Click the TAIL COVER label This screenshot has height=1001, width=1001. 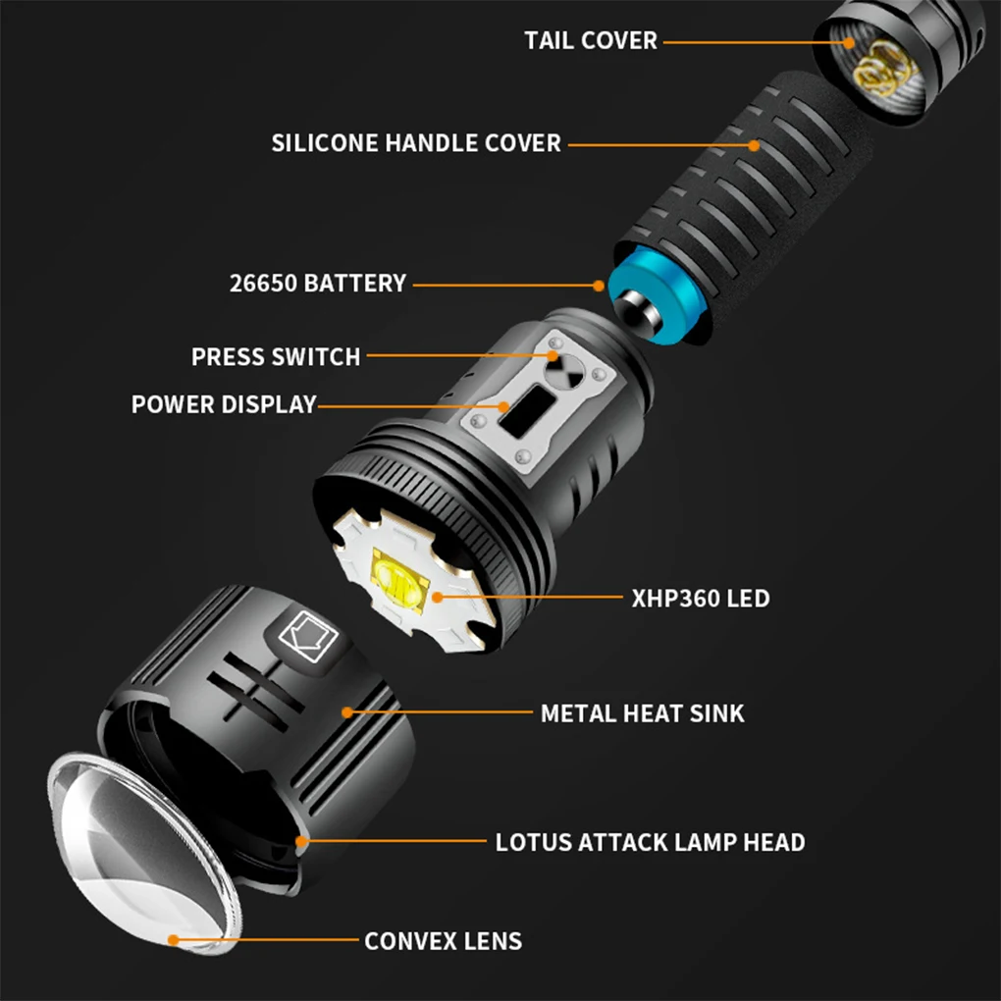(590, 41)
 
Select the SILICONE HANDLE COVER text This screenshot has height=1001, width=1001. (416, 143)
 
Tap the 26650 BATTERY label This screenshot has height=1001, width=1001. (317, 284)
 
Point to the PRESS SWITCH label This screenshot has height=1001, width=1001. (276, 356)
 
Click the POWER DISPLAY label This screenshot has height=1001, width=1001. (224, 404)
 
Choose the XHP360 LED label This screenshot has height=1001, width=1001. (701, 597)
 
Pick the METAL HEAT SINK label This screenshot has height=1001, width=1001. (642, 712)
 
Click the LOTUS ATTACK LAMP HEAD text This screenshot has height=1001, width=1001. (650, 842)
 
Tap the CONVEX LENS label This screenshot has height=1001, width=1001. (443, 941)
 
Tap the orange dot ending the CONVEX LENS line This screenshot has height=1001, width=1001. (173, 939)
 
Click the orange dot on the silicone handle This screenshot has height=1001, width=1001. (754, 144)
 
